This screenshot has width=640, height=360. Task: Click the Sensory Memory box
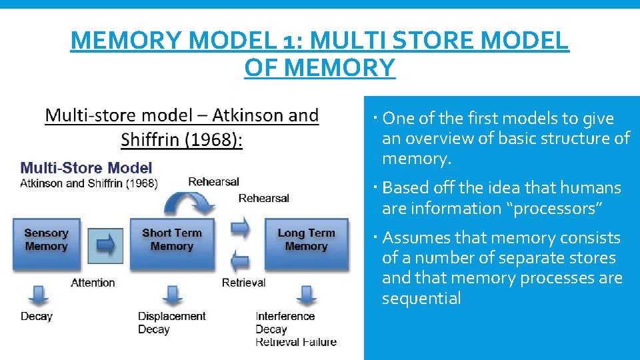click(47, 241)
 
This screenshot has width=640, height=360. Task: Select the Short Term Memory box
click(171, 241)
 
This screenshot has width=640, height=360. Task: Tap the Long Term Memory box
click(306, 241)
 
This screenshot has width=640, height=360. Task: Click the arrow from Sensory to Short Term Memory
click(105, 245)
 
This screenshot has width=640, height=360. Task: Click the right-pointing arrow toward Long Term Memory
click(241, 228)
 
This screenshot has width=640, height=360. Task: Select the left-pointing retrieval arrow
click(241, 260)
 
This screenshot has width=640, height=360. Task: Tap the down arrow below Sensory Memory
click(38, 294)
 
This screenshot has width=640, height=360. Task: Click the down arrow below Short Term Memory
click(172, 294)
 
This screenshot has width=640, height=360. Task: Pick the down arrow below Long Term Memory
click(306, 294)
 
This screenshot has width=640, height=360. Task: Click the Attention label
click(93, 283)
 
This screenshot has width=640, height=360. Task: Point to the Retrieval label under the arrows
click(243, 283)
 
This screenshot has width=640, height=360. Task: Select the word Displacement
click(171, 316)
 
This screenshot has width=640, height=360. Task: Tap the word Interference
click(285, 316)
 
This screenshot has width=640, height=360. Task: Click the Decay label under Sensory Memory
click(37, 316)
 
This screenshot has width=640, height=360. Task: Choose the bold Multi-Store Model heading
click(87, 168)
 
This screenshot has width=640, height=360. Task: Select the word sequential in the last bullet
click(421, 298)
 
